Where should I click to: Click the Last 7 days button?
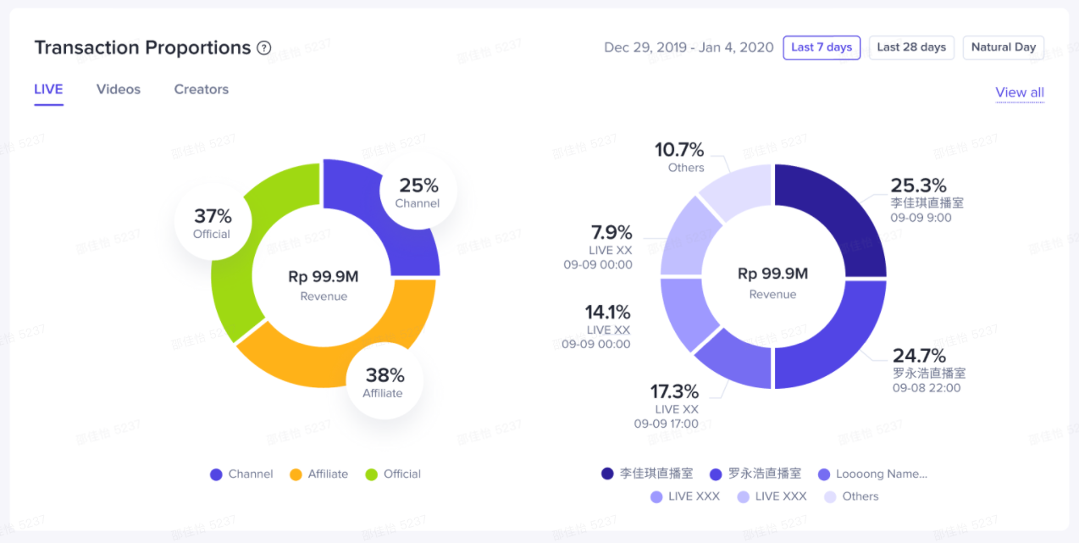coord(822,47)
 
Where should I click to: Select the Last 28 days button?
coord(911,47)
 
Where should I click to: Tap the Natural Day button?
coord(1004,47)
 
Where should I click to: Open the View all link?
coord(1020,92)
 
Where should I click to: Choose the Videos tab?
coord(119,89)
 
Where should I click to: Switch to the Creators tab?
coord(202,89)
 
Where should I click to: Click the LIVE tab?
coord(48,89)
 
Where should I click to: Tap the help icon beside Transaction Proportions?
coord(264,47)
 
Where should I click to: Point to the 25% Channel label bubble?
coord(418,192)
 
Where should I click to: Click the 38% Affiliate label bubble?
coord(384,381)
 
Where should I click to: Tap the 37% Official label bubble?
coord(212,223)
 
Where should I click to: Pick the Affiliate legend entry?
coord(319,474)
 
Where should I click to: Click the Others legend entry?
coord(851,496)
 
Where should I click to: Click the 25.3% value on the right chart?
coord(918,186)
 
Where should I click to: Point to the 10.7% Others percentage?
coord(679,150)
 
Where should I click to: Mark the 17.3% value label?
coord(674,391)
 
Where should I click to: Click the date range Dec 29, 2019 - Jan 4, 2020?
coord(689,47)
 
